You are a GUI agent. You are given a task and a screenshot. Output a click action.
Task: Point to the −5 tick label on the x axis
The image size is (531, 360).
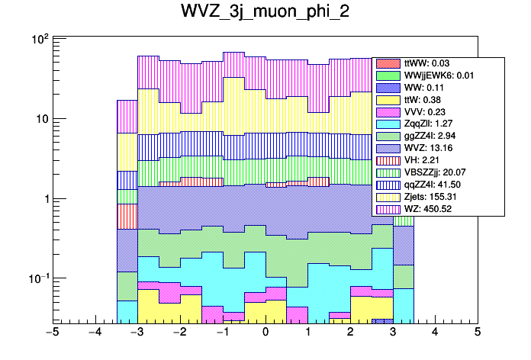click(53, 333)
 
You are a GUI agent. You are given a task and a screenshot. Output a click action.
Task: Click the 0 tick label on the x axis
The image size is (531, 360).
click(265, 333)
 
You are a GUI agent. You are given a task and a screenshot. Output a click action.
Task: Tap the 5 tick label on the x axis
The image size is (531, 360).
click(477, 333)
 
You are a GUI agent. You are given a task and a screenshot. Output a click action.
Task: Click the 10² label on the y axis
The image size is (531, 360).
click(39, 39)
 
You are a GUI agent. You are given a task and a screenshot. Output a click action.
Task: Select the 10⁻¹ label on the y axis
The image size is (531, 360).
click(37, 278)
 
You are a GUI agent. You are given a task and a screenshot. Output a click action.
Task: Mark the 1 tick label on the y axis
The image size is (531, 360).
click(44, 199)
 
